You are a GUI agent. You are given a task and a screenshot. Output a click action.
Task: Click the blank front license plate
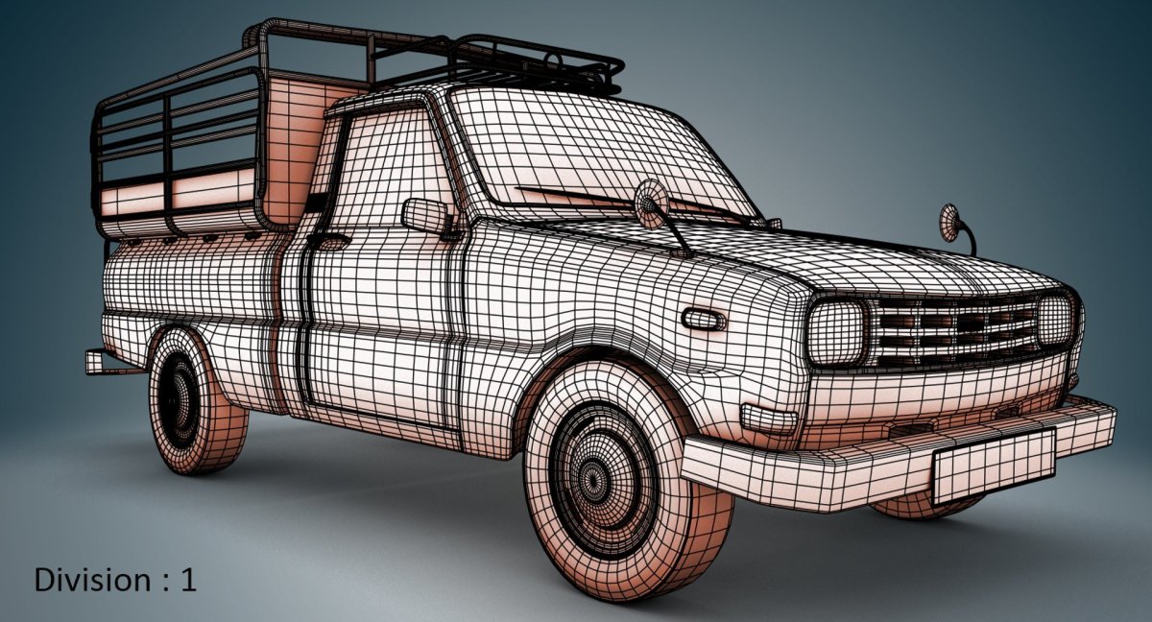[994, 467]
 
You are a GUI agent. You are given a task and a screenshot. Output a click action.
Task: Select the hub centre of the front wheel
[591, 478]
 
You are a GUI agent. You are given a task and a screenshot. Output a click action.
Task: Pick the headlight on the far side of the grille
[1054, 320]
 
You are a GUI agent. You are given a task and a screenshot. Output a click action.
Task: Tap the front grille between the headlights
[954, 330]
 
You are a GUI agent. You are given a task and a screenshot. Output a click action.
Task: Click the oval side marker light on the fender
[703, 320]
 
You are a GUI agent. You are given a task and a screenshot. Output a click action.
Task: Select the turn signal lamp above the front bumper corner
[769, 418]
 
